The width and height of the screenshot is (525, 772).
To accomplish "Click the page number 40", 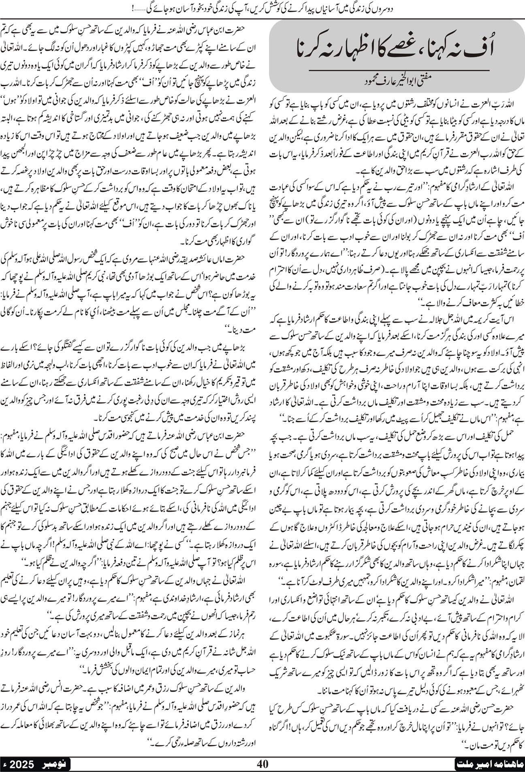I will pyautogui.click(x=263, y=764).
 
